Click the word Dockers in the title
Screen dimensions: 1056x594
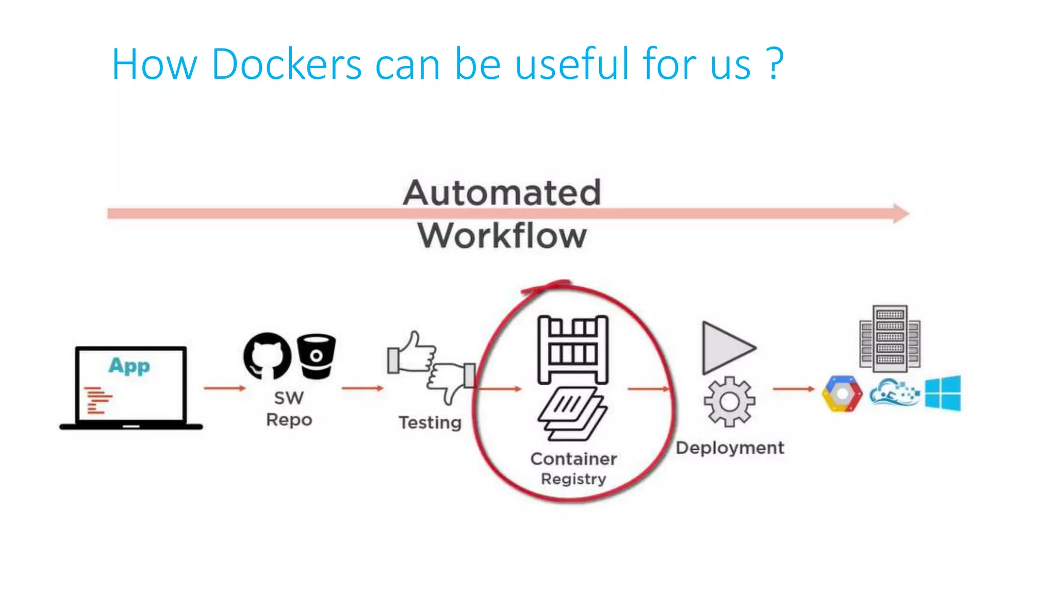pyautogui.click(x=286, y=64)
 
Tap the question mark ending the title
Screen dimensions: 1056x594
pyautogui.click(x=774, y=64)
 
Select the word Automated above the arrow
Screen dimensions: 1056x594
pyautogui.click(x=502, y=193)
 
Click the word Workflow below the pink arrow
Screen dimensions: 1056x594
pyautogui.click(x=502, y=236)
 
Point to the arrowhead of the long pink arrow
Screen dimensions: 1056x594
pyautogui.click(x=900, y=213)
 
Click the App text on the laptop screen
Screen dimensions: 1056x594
pyautogui.click(x=129, y=366)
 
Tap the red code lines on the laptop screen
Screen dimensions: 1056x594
pyautogui.click(x=98, y=400)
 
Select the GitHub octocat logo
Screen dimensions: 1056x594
pyautogui.click(x=267, y=356)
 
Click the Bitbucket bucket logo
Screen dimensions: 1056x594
pyautogui.click(x=316, y=356)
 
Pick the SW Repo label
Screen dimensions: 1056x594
pyautogui.click(x=289, y=408)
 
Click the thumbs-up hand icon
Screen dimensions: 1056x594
pyautogui.click(x=411, y=354)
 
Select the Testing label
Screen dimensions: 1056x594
pyautogui.click(x=430, y=422)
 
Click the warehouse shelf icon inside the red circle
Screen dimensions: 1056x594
pyautogui.click(x=572, y=350)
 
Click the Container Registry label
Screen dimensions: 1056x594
pyautogui.click(x=573, y=468)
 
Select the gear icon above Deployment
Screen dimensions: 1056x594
pyautogui.click(x=729, y=402)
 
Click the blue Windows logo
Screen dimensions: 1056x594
pyautogui.click(x=943, y=393)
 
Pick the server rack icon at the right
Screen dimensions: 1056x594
pyautogui.click(x=890, y=338)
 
